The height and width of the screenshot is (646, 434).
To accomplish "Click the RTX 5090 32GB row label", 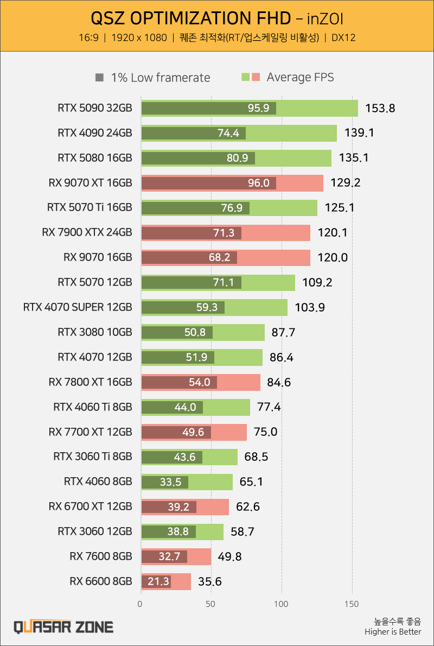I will click(x=94, y=108).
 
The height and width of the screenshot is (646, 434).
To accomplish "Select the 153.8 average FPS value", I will click(x=380, y=108).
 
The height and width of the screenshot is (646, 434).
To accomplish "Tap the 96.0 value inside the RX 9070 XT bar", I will click(x=258, y=183).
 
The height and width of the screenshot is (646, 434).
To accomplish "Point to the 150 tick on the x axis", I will click(x=352, y=603).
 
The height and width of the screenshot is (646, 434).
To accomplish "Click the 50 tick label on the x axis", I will click(x=211, y=603).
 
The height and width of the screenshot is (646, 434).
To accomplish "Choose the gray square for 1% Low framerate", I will click(x=99, y=78).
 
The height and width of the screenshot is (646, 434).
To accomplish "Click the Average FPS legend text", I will click(x=300, y=78).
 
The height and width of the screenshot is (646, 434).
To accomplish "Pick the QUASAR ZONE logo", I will click(x=63, y=627).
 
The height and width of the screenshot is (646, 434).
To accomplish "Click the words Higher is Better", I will click(x=393, y=632).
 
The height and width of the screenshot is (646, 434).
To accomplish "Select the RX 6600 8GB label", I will click(x=101, y=581).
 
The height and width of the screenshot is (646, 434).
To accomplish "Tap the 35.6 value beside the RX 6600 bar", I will click(x=210, y=582).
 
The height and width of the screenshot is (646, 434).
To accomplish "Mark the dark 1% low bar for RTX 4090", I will click(x=193, y=133).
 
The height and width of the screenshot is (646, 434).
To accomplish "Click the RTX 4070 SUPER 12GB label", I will click(x=78, y=307).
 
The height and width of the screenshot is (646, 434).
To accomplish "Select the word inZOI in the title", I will click(x=324, y=19).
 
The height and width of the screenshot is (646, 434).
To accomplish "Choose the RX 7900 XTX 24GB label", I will click(x=87, y=232).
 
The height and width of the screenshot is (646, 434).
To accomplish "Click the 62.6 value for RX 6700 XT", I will click(x=245, y=507).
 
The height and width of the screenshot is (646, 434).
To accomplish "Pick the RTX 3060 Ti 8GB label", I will click(x=93, y=457).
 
